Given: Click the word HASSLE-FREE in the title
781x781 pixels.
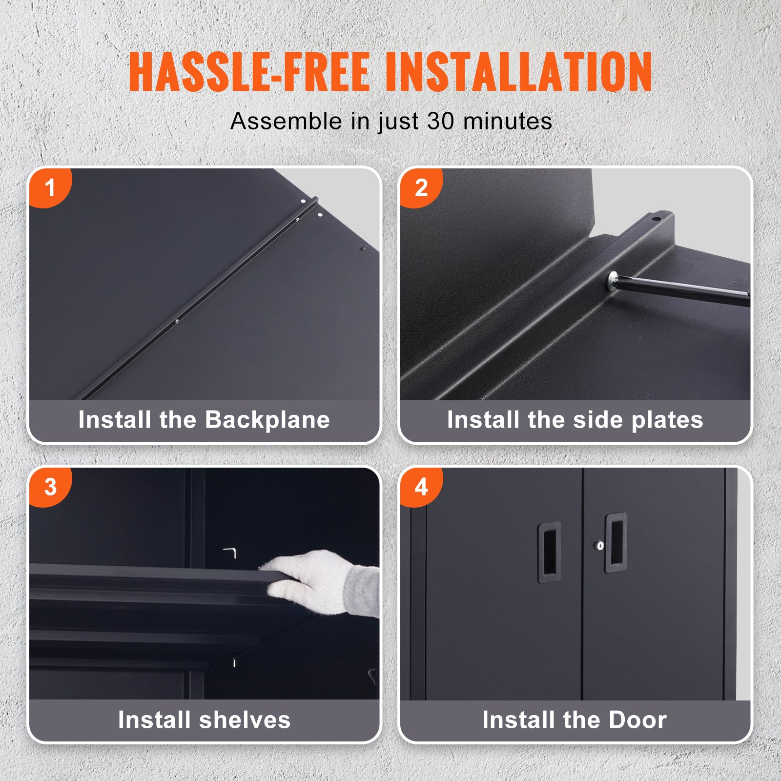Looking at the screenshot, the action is (249, 72).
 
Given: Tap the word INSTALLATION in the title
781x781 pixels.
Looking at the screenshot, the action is (519, 72).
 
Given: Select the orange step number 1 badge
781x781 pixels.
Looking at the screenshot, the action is (49, 188).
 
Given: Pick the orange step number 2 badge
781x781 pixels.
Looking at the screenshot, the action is (421, 188).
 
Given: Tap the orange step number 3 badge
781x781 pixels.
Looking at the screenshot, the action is (50, 487).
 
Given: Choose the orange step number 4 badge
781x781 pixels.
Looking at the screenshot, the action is (421, 487).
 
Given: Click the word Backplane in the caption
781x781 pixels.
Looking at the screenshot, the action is (267, 420).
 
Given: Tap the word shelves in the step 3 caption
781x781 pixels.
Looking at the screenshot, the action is (245, 719).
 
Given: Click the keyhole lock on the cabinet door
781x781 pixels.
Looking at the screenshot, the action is (600, 545).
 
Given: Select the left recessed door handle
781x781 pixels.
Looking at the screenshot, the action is (550, 553).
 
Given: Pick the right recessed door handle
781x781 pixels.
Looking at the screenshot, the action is (616, 542).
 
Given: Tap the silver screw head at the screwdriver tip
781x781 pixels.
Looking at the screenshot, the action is (611, 282).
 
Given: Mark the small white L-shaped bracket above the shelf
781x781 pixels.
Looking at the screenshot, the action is (230, 553).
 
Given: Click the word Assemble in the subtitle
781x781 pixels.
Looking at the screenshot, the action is (286, 121).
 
